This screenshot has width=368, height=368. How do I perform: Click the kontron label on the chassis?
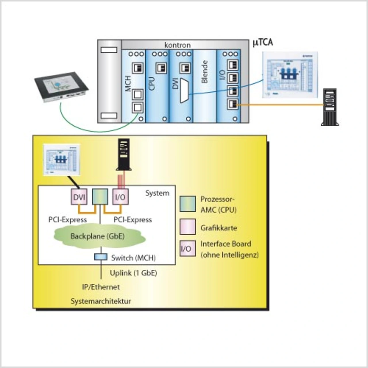coord(177,45)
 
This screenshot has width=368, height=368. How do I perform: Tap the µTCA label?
coord(263,43)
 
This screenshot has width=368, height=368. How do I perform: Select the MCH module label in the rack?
coord(128,84)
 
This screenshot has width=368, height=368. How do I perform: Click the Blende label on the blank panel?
coord(204,72)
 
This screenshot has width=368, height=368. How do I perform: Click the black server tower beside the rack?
coord(330,107)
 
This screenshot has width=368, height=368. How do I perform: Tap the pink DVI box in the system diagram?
coord(79,197)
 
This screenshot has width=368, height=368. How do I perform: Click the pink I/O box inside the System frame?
coord(120,197)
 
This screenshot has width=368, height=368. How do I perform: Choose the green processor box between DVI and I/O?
coord(100,197)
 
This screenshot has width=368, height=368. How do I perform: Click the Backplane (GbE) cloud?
coord(98,236)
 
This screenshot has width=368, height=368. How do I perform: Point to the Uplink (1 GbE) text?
coord(133,273)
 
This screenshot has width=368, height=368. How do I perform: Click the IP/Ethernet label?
coord(101,287)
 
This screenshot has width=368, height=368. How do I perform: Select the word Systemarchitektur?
coord(101,301)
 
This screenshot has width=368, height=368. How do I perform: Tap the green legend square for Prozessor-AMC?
coord(187,204)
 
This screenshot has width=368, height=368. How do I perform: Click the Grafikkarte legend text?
coord(219,228)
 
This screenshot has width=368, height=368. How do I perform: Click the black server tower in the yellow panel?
coord(124,155)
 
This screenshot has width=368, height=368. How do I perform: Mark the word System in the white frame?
coord(157,193)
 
